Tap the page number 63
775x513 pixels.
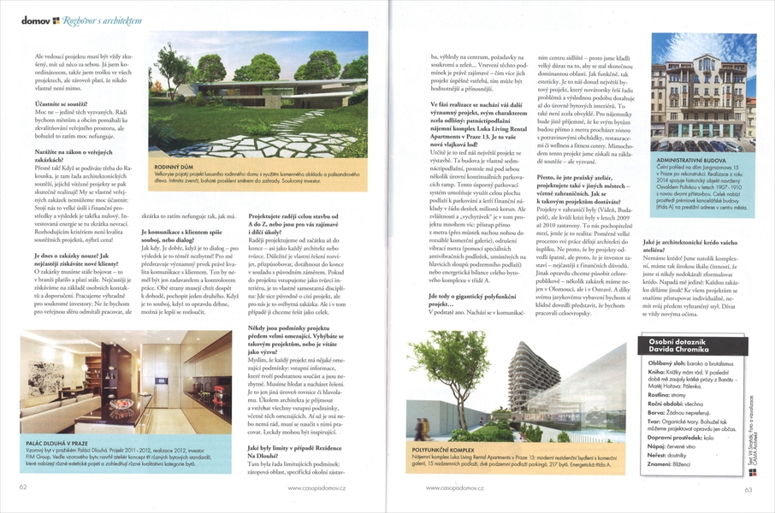click(747, 488)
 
